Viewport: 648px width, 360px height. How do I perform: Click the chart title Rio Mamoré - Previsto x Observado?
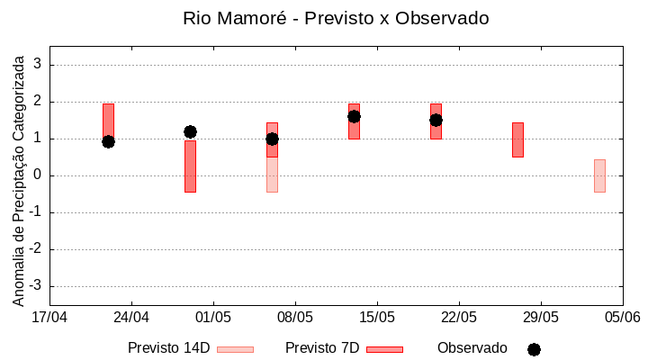pos(336,18)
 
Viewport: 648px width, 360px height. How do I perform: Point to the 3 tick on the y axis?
pos(39,65)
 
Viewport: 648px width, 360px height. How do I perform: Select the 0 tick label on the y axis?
pos(39,175)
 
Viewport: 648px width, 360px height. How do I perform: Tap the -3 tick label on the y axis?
pos(36,286)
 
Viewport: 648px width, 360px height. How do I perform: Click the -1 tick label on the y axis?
pos(36,212)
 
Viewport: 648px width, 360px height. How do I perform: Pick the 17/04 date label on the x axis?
pos(49,317)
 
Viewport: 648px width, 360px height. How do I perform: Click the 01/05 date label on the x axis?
pos(213,317)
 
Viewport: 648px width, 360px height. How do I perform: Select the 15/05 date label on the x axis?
pos(377,317)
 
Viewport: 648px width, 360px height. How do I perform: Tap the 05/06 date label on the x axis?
pos(623,317)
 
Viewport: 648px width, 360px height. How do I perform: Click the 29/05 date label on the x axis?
pos(541,317)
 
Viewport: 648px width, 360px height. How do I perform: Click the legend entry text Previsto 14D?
pos(168,348)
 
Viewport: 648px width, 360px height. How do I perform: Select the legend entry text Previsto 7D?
pos(322,348)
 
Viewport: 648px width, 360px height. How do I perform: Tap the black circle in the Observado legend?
pos(534,349)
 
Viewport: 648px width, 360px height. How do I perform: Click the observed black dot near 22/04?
pos(108,141)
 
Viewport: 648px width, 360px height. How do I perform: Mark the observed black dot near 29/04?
pos(190,131)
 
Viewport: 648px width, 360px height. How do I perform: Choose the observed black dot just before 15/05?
pos(354,116)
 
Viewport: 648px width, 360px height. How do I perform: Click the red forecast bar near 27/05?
pos(517,139)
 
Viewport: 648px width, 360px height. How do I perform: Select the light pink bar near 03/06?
pos(599,175)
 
